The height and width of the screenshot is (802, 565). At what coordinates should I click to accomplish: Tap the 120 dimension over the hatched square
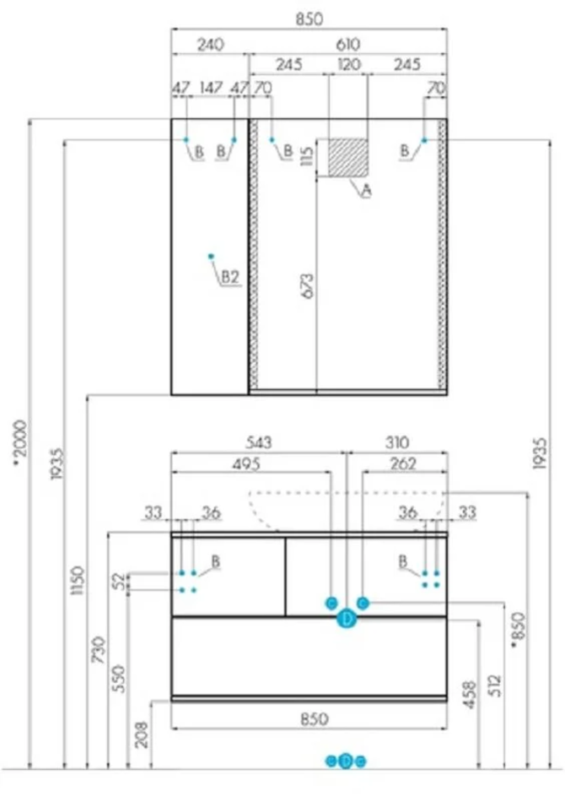pos(348,64)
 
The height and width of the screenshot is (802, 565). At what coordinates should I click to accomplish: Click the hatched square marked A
pos(348,157)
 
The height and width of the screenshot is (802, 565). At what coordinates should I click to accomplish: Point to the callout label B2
pos(231,276)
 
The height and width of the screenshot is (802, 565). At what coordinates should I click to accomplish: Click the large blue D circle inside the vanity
pos(347,620)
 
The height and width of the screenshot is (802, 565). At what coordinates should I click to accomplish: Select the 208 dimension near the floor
pos(142,731)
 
